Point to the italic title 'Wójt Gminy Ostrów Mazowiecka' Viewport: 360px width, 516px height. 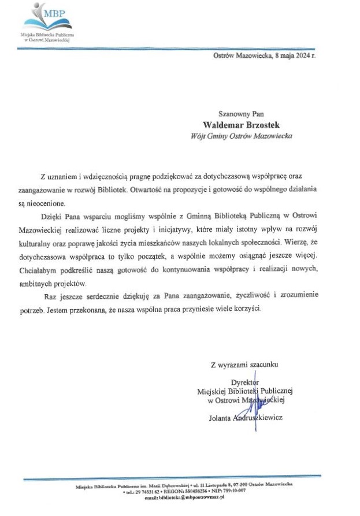tap(241, 136)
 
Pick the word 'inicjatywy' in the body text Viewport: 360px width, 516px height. tap(191, 229)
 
